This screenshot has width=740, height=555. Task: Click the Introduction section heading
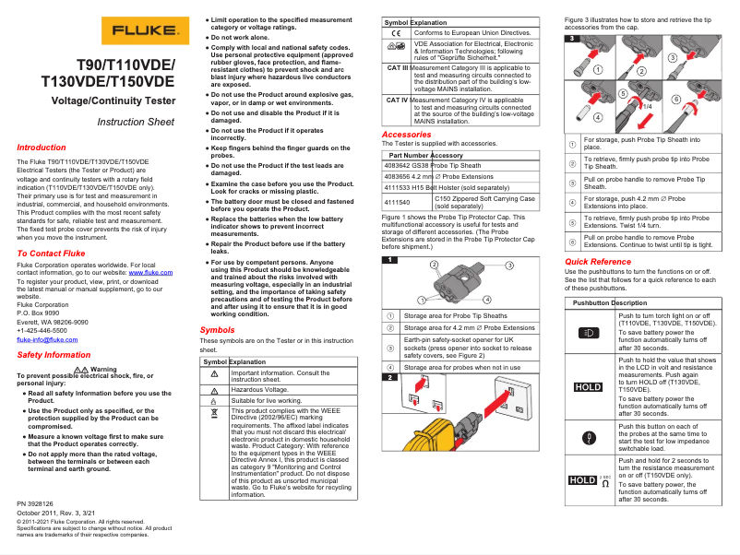tap(42, 148)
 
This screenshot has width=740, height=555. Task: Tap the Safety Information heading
tap(54, 355)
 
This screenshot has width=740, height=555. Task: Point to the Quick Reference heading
tap(598, 262)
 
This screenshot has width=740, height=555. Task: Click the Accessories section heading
tap(406, 135)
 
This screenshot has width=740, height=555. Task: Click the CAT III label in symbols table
tap(396, 67)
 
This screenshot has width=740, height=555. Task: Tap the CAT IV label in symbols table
tap(396, 100)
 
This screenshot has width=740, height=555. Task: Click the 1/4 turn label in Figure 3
tap(648, 106)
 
